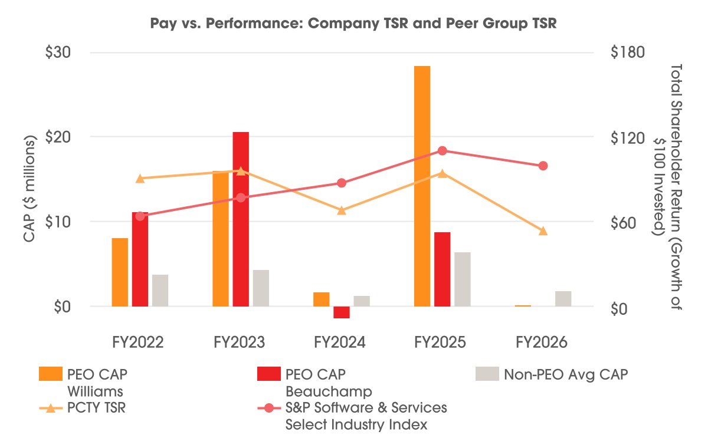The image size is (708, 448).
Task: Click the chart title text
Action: tap(353, 24)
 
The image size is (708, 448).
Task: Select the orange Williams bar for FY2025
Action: tap(422, 186)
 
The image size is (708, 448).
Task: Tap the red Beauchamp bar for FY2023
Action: tap(241, 219)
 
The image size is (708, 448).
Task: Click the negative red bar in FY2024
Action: tap(342, 312)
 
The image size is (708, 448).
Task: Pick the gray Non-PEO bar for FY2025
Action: tap(463, 279)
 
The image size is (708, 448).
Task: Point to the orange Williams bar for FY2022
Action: tap(120, 272)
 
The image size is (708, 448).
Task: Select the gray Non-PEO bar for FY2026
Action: tap(563, 299)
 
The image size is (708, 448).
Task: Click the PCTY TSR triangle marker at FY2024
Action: tap(342, 210)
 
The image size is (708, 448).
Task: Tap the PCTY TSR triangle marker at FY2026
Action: tap(543, 231)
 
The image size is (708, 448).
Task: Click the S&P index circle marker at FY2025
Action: tap(442, 151)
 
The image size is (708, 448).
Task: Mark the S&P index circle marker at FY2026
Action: tap(543, 166)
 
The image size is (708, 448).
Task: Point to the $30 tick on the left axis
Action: tap(58, 52)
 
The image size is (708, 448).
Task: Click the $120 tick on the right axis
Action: tap(627, 138)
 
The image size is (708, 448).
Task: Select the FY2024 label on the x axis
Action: tap(340, 342)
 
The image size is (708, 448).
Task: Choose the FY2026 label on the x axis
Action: tap(542, 342)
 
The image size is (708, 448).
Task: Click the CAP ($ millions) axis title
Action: tap(29, 189)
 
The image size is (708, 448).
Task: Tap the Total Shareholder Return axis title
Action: tap(667, 187)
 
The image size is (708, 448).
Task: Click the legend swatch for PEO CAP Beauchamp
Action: tap(269, 374)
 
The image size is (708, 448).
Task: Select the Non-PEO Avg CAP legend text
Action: tap(566, 375)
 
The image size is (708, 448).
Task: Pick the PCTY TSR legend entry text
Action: tap(96, 407)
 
